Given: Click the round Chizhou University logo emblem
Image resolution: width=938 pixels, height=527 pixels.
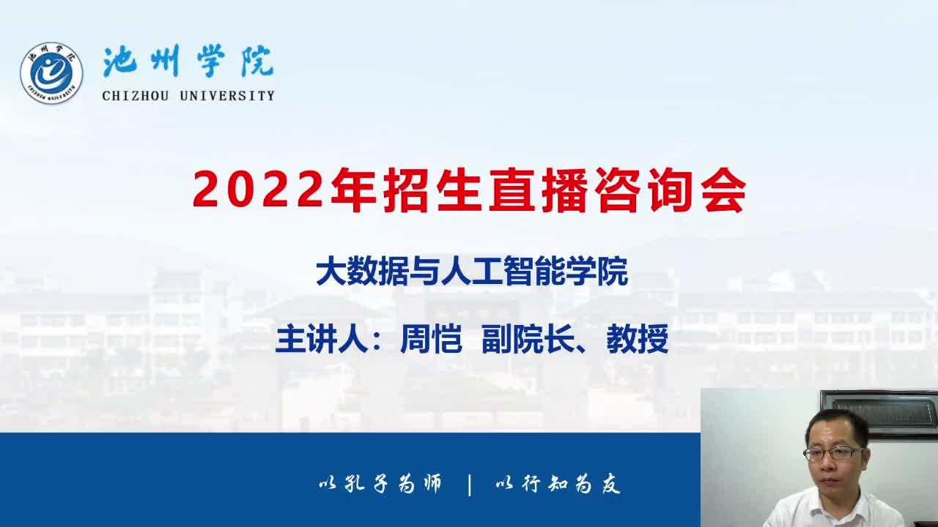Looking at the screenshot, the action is pyautogui.click(x=51, y=73).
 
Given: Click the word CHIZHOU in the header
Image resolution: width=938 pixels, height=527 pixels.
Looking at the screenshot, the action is pyautogui.click(x=136, y=96).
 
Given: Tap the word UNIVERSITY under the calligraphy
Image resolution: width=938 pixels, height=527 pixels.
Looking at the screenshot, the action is pyautogui.click(x=227, y=96).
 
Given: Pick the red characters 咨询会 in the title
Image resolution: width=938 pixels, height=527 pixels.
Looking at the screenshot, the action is pyautogui.click(x=670, y=190).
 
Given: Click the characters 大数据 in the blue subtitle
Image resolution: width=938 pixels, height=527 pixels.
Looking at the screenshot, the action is pyautogui.click(x=362, y=272).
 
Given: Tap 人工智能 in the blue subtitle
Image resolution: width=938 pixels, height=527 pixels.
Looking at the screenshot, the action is pyautogui.click(x=502, y=272).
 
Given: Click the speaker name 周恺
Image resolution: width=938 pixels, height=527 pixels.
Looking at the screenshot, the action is pyautogui.click(x=432, y=339).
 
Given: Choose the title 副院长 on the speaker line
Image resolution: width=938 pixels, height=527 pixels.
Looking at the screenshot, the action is pyautogui.click(x=528, y=339).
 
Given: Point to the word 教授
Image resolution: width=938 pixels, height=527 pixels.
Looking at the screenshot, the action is pyautogui.click(x=638, y=339).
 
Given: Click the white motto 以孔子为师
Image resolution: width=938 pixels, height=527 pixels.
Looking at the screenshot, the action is pyautogui.click(x=380, y=484).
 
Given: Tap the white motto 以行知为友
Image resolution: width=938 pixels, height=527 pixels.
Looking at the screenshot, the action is pyautogui.click(x=558, y=484).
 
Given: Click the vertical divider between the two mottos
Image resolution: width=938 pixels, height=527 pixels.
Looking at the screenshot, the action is pyautogui.click(x=470, y=485).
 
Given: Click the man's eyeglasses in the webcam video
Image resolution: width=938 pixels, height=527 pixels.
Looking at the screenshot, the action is pyautogui.click(x=833, y=453).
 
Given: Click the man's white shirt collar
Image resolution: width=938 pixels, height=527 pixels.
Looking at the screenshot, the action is pyautogui.click(x=831, y=504).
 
